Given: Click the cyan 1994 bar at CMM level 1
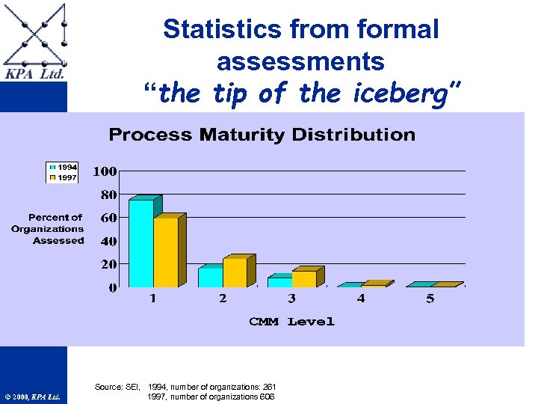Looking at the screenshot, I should (140, 243).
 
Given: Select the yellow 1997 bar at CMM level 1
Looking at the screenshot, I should (165, 252).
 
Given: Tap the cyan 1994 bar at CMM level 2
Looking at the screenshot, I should (210, 277).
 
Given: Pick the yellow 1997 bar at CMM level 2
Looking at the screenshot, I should (234, 273).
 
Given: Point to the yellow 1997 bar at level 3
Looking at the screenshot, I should (303, 279).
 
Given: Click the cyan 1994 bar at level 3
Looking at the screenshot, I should (279, 282).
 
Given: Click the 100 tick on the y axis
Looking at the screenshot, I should (105, 171).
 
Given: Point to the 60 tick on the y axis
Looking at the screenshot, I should (108, 218).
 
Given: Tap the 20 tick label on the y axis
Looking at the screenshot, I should (108, 264).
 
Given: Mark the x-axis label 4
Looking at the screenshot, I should (361, 299).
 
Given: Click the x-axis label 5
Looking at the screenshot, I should (430, 299).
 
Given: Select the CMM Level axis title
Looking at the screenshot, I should (291, 322).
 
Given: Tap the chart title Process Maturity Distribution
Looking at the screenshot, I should (262, 135).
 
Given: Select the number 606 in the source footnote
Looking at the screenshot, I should (267, 397).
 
